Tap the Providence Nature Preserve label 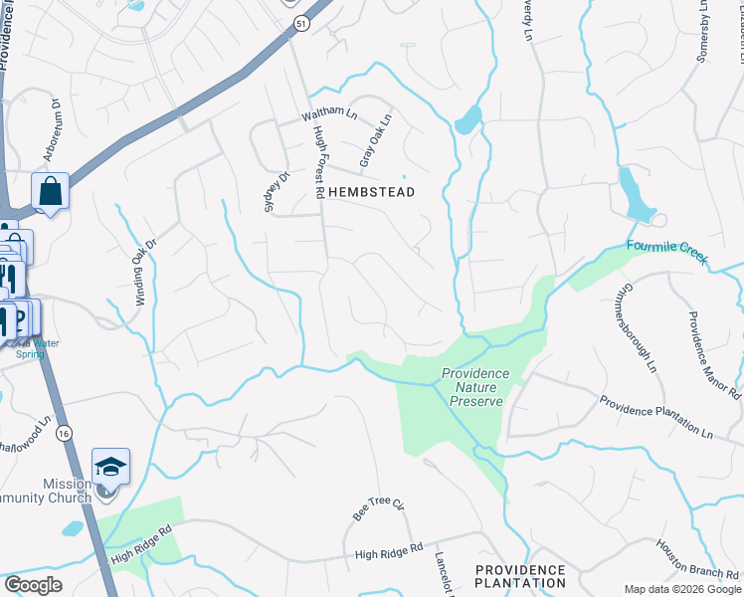(x=475, y=387)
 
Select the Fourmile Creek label (x=666, y=252)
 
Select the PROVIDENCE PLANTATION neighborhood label (x=519, y=576)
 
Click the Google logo (x=33, y=584)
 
